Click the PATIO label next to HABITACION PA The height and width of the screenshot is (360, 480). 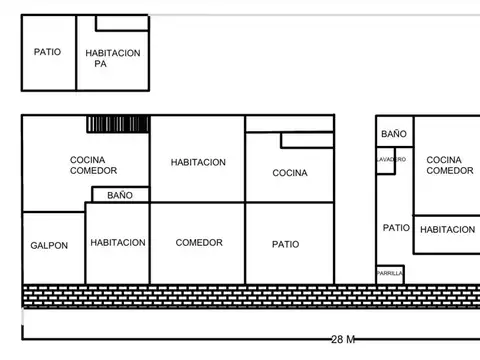(47, 52)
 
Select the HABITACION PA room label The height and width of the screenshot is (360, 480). (112, 58)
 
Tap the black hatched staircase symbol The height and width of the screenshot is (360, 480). (117, 124)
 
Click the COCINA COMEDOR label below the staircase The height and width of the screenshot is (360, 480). (93, 165)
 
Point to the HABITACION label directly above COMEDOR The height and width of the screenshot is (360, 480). (198, 162)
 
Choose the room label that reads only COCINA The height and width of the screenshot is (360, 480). (290, 173)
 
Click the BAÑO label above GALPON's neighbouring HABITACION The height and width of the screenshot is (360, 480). (120, 195)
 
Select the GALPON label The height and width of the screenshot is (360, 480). (49, 245)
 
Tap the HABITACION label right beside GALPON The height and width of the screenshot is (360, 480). (118, 242)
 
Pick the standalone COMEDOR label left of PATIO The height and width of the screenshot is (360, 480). (198, 242)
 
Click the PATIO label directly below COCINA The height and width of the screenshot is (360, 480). (285, 244)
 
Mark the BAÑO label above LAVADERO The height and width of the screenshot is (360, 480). (393, 133)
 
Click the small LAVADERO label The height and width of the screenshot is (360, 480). (391, 159)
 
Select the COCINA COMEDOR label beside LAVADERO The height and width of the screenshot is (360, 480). (449, 165)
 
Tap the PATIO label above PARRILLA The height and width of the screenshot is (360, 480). (395, 228)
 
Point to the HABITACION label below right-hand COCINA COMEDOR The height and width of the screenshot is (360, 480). (447, 230)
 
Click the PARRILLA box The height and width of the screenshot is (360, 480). (390, 273)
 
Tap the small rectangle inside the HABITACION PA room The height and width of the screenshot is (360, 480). (122, 22)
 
